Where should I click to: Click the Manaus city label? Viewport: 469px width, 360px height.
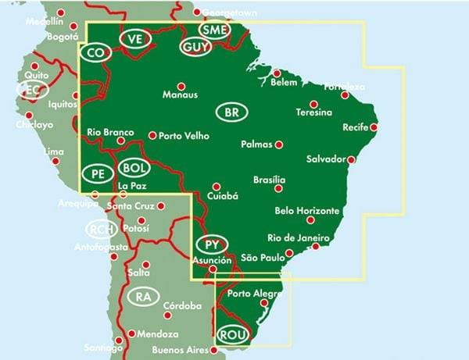179,96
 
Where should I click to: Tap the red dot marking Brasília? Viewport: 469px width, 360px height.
278,187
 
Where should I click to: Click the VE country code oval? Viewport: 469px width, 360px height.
134,39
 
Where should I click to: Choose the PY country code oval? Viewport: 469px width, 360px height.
210,244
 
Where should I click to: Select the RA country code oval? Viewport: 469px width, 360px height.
142,297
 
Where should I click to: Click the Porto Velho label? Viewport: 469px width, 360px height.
184,135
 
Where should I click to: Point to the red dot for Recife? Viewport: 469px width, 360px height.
374,127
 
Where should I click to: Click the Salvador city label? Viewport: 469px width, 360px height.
326,159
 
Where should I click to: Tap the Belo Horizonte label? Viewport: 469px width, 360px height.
307,211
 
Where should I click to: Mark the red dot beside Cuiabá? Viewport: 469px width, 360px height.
217,187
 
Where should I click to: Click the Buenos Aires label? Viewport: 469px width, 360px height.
181,349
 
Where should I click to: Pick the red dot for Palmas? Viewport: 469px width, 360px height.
278,144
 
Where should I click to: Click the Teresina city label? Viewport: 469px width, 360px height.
313,112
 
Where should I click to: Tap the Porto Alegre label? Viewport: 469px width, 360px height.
252,294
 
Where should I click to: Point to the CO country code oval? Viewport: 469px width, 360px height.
95,52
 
